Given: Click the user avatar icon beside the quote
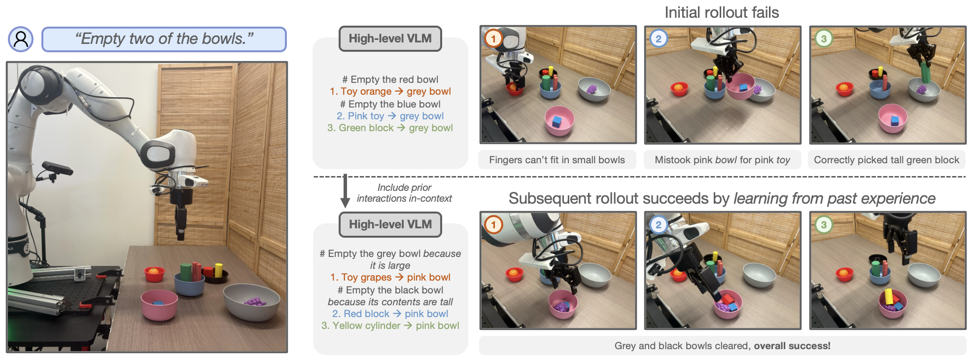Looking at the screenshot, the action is pos(21,39).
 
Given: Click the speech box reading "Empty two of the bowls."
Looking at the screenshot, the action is pos(164,39).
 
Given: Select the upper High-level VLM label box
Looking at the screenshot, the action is pos(390,38).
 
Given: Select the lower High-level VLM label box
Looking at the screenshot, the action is pos(390,224).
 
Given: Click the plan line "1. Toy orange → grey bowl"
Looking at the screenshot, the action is pos(390,91).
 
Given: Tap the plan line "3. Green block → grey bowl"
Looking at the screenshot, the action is pos(390,128).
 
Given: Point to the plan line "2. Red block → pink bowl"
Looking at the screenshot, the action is pos(390,314).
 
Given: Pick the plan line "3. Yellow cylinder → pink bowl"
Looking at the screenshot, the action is pos(390,325).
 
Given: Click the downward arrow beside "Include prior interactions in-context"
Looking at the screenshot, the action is pos(345,191).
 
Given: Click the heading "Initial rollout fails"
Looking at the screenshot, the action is pos(722,12).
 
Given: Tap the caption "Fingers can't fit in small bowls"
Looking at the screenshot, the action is pos(557,160).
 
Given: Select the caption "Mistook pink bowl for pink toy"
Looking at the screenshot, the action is pos(722,160).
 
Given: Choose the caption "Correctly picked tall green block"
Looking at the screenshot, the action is pos(886,160).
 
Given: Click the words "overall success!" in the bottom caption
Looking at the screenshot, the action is pos(792,346).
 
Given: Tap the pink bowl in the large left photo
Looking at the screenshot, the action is pos(159,305).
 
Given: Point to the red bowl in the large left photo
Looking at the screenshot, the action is pos(154,274).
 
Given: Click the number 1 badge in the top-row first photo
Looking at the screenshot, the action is pos(493,38).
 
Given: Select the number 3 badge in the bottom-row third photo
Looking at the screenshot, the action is pos(824,224).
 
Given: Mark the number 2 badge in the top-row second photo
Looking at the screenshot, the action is pos(659,38).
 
